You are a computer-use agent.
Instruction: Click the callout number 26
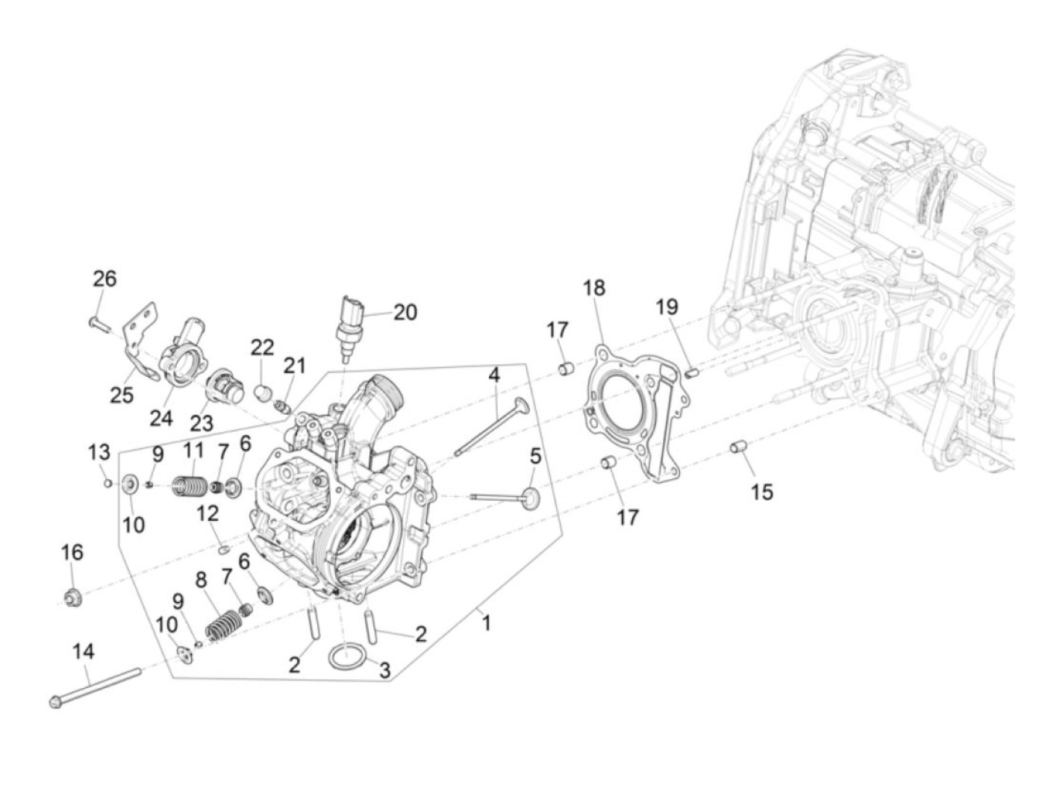[x=104, y=278]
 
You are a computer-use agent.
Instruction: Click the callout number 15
[x=762, y=492]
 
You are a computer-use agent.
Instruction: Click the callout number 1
[x=487, y=622]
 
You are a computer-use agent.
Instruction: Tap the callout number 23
[x=201, y=423]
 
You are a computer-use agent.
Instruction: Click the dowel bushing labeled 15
[x=739, y=448]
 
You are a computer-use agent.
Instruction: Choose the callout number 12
[x=208, y=513]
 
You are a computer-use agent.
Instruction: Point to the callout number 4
[x=494, y=375]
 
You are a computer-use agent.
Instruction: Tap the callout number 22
[x=262, y=347]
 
